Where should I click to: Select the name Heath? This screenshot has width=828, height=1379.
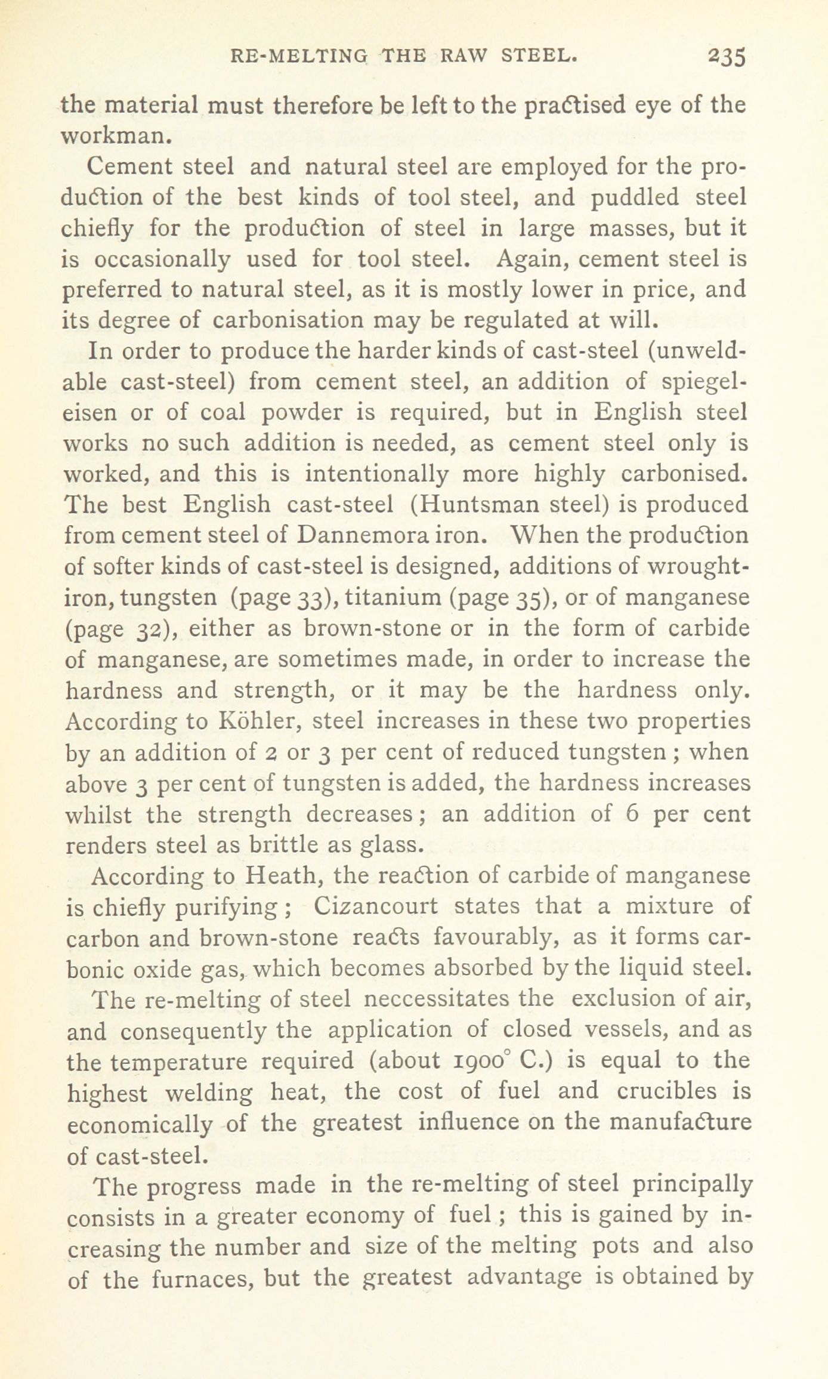[x=284, y=876]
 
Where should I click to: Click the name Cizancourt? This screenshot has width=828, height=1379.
[x=376, y=906]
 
